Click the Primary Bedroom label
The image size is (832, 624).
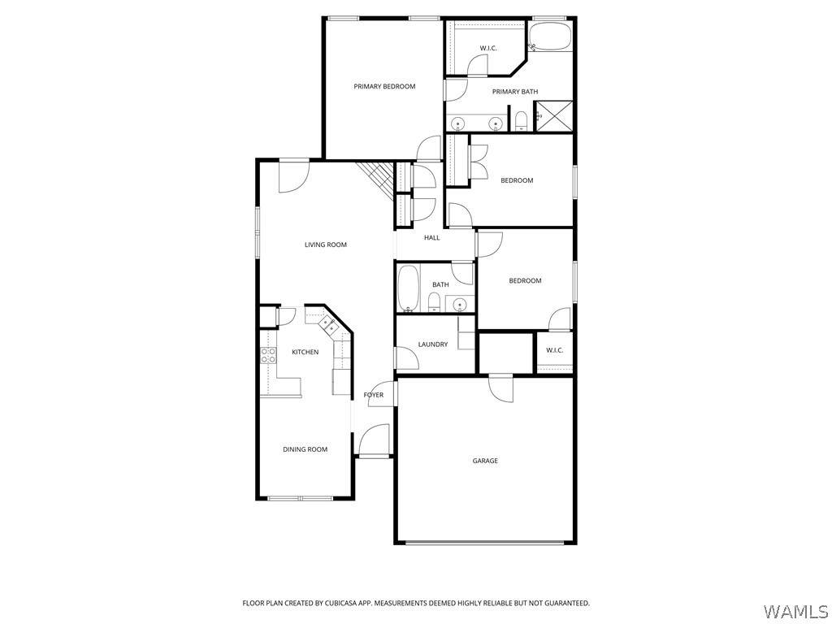pos(384,86)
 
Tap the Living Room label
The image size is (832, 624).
pos(325,245)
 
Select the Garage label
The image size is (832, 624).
pos(485,461)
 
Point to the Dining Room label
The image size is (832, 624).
pos(305,449)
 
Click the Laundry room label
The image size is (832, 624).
pos(432,344)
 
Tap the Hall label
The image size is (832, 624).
pos(431,238)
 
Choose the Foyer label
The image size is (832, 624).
pos(373,395)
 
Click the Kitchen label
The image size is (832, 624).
pos(305,352)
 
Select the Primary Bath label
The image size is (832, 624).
pos(514,92)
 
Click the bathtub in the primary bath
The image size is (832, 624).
pos(550,37)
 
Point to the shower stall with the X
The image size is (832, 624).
pos(553,116)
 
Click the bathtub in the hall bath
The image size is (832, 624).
pos(408,288)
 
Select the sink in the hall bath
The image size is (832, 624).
pos(459,305)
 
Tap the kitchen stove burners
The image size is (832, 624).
pos(268,355)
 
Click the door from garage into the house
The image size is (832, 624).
pos(501,388)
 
